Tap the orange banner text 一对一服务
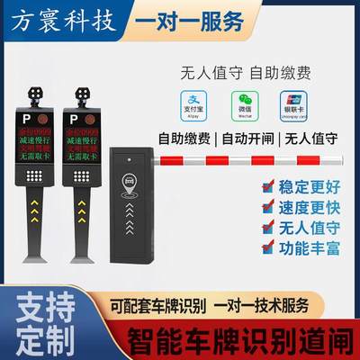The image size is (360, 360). (x=185, y=21)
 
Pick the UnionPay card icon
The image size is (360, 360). (x=292, y=103)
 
